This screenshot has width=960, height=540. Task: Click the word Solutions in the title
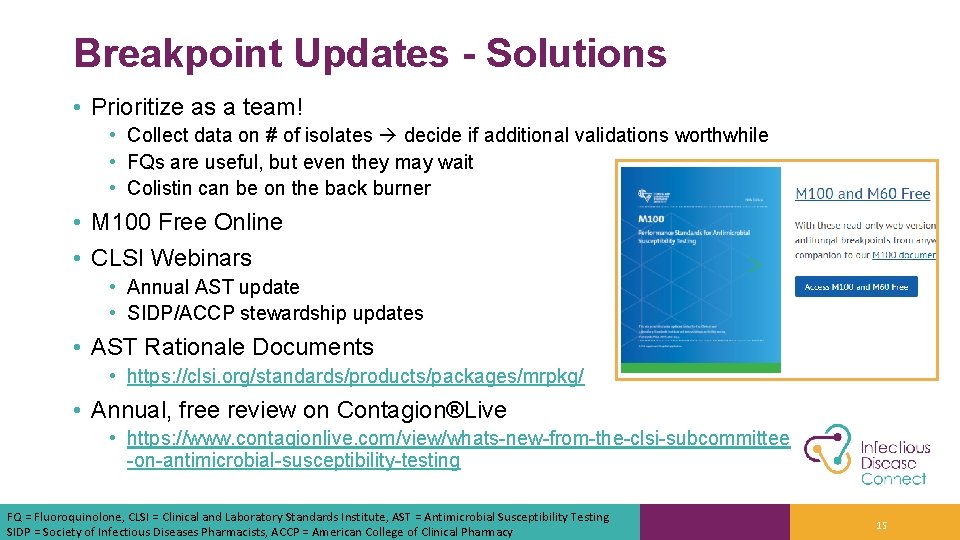pyautogui.click(x=576, y=53)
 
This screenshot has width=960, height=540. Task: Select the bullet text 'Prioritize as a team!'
pyautogui.click(x=196, y=106)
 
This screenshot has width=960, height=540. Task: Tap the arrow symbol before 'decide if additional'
pyautogui.click(x=387, y=135)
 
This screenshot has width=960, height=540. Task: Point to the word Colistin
pyautogui.click(x=162, y=188)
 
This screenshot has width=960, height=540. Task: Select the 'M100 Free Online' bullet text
pyautogui.click(x=186, y=222)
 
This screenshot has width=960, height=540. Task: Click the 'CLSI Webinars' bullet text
pyautogui.click(x=171, y=258)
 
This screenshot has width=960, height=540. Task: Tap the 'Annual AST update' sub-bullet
pyautogui.click(x=213, y=287)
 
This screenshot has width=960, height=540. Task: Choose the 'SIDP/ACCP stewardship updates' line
pyautogui.click(x=275, y=313)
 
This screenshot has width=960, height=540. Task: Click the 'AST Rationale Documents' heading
pyautogui.click(x=232, y=347)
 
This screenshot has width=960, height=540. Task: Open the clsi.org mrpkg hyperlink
pyautogui.click(x=356, y=377)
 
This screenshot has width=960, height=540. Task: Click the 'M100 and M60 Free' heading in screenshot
pyautogui.click(x=862, y=194)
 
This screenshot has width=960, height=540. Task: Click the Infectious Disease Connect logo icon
pyautogui.click(x=829, y=454)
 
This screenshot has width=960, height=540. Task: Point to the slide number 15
pyautogui.click(x=881, y=525)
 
